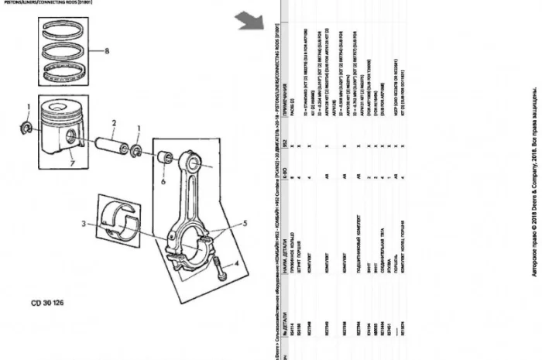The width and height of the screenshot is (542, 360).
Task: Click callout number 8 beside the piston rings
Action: click(108, 52)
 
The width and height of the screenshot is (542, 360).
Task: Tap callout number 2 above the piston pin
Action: click(113, 123)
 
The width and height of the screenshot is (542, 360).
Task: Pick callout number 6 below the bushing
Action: click(164, 183)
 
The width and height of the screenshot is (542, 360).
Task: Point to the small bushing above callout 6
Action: click(164, 159)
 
